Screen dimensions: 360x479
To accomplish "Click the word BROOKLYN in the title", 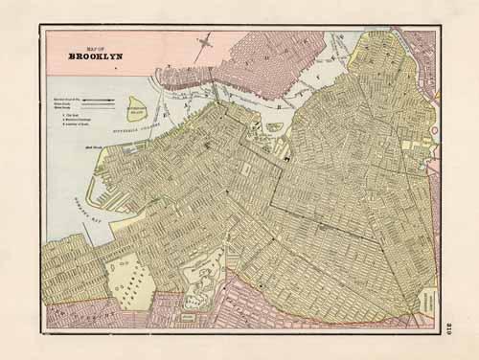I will click(92, 56).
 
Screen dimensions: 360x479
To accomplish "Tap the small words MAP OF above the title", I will click(92, 46).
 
